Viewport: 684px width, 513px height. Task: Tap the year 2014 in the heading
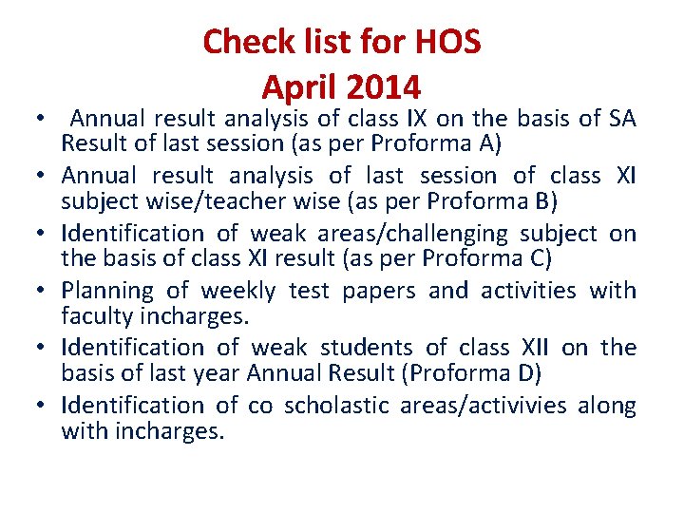(x=383, y=87)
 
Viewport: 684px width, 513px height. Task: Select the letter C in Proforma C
(x=541, y=258)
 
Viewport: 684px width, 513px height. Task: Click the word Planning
(x=104, y=291)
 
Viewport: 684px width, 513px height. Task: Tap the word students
(x=366, y=348)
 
